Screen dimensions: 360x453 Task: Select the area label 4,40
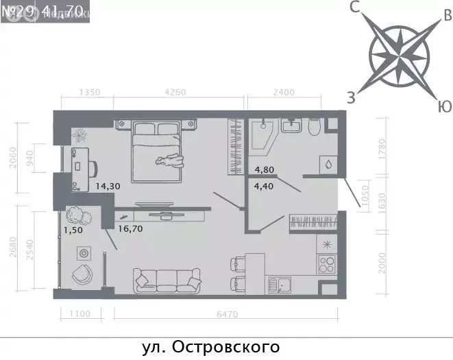tap(266, 184)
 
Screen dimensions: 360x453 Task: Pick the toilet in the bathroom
tap(315, 128)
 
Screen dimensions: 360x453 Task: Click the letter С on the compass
tap(355, 8)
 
